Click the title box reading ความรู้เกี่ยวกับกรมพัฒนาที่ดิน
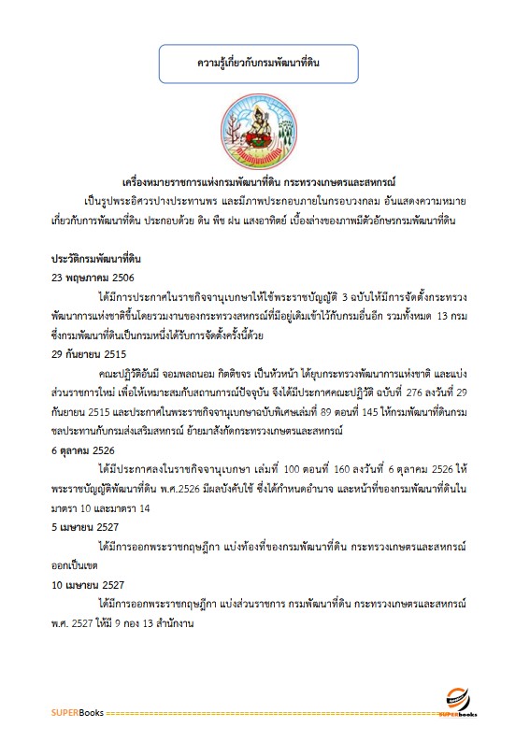point(265,64)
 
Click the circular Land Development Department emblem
point(264,129)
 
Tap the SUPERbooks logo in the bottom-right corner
point(458,703)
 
